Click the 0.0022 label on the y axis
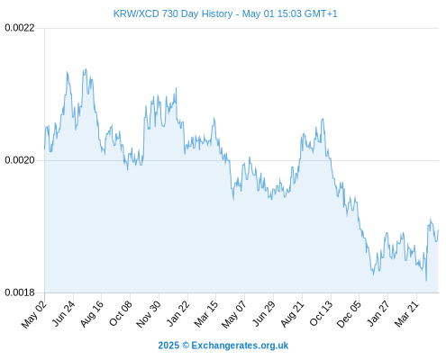tap(20, 28)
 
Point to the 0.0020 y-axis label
tap(20, 160)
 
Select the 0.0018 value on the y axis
tap(20, 292)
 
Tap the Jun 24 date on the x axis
tap(64, 313)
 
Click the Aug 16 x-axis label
tap(93, 313)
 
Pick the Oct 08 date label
tap(121, 313)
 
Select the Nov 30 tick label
tap(149, 313)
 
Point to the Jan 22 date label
tap(178, 313)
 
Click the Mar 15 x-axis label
tap(206, 313)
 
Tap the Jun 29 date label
tap(264, 313)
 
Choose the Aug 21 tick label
tap(293, 313)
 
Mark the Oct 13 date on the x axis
tap(322, 313)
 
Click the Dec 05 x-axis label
tap(350, 313)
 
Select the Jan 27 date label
tap(378, 313)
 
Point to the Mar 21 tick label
tap(407, 313)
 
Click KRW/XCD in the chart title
tap(136, 13)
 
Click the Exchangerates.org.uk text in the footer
tap(240, 346)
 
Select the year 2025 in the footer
tap(168, 346)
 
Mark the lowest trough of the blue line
tap(426, 281)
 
